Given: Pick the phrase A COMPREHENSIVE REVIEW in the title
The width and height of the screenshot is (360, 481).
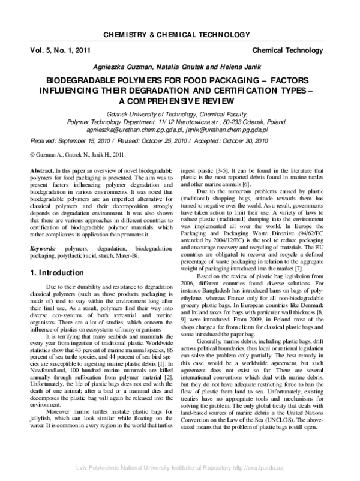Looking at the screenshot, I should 180,99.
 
